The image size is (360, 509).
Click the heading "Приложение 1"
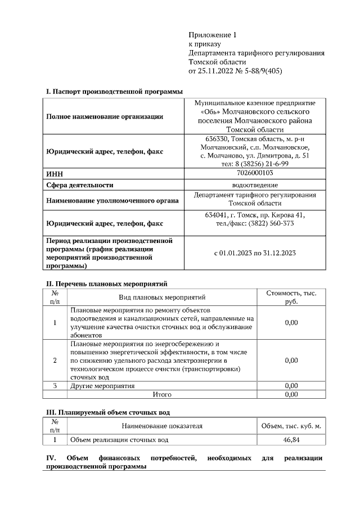pos(213,35)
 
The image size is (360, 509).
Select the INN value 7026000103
pos(255,173)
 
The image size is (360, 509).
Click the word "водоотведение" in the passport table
pos(255,184)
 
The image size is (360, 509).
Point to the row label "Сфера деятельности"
pos(79,184)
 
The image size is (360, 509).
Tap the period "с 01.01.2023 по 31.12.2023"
pos(255,253)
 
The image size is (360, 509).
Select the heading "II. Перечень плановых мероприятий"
pos(106,283)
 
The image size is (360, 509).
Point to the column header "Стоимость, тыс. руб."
pos(291,297)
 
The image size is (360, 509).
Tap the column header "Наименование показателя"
pos(161,426)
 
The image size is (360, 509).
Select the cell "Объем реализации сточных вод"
pos(119,439)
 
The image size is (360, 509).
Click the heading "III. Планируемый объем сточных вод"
pos(107,413)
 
